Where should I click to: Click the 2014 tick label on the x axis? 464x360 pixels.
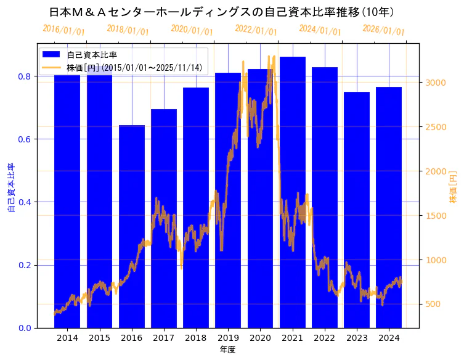point(67,338)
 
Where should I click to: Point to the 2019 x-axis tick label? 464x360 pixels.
point(228,338)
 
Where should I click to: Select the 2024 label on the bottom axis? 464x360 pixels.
point(389,338)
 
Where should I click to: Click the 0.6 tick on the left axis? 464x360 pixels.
point(25,139)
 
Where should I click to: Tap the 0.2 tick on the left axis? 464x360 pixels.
point(25,265)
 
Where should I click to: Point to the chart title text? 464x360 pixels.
point(222,12)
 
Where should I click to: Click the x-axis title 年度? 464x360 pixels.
point(227,350)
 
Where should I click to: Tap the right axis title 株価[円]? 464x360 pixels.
point(453,188)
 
